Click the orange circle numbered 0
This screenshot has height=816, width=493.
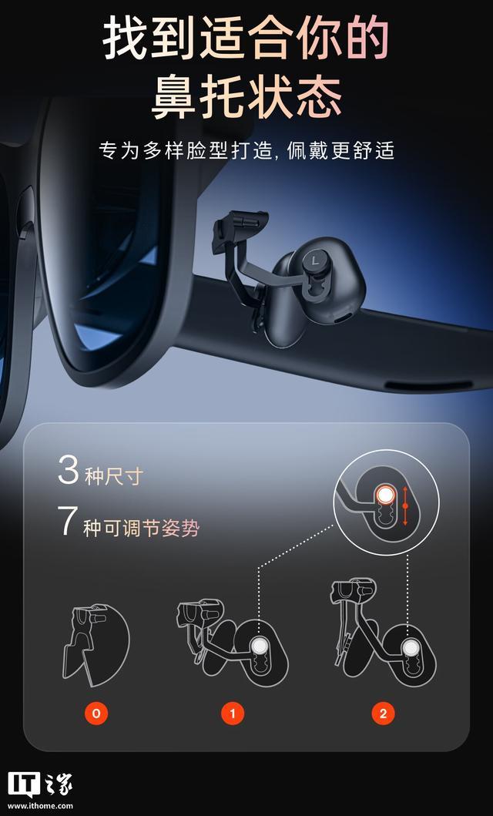click(x=96, y=714)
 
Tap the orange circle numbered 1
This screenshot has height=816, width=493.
click(x=233, y=714)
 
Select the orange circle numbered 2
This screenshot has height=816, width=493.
click(x=383, y=714)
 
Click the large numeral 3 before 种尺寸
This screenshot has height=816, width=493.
click(x=68, y=471)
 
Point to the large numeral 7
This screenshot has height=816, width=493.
click(x=69, y=521)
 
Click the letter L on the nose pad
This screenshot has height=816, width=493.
click(x=315, y=258)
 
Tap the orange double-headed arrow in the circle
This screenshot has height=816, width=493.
click(x=405, y=505)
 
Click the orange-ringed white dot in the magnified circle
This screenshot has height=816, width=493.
click(x=385, y=495)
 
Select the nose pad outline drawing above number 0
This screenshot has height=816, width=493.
click(x=96, y=645)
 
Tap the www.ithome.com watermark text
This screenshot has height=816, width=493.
click(x=40, y=806)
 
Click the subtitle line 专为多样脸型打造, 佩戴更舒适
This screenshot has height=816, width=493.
click(x=246, y=150)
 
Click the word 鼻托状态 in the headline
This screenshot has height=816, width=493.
click(x=246, y=97)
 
